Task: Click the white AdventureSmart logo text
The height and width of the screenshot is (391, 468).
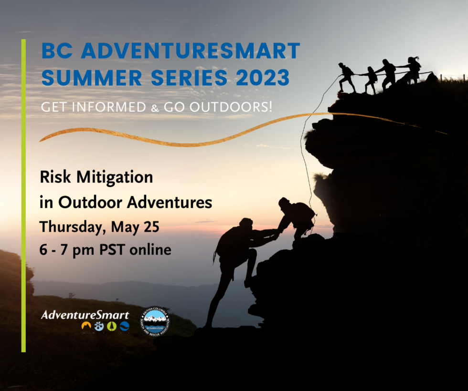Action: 85,315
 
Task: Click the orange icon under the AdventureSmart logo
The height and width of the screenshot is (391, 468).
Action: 86,327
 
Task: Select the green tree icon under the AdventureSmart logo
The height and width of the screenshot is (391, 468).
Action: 111,327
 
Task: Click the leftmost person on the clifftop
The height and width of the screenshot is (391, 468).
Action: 346,76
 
